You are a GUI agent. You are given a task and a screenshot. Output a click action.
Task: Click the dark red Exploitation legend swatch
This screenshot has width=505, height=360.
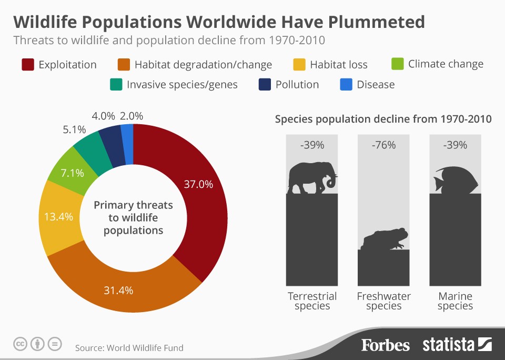(28, 65)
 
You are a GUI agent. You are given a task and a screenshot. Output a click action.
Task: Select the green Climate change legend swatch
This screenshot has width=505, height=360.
(398, 64)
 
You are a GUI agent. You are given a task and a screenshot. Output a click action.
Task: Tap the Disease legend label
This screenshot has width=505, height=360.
(376, 84)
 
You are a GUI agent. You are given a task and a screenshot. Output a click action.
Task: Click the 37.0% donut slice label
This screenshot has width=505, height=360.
(198, 184)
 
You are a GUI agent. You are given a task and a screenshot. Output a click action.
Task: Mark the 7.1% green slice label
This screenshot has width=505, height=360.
(69, 173)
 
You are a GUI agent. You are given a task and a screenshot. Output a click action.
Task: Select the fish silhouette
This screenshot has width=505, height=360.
(456, 179)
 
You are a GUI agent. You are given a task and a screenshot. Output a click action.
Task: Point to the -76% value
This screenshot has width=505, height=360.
(383, 145)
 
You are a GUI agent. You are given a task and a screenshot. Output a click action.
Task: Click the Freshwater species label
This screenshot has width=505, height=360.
(383, 301)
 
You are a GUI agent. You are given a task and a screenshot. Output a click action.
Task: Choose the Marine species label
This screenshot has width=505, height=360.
(455, 301)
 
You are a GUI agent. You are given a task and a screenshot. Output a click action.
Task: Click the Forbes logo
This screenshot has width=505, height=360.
(385, 345)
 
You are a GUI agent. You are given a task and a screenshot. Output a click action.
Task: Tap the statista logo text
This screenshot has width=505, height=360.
(448, 345)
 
